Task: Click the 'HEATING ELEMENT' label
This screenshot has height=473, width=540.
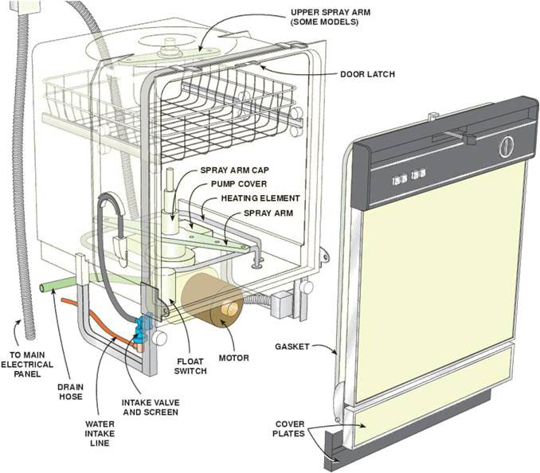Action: [260, 197]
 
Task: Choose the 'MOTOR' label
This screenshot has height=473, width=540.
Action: [233, 358]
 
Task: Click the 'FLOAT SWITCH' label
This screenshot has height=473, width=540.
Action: [191, 365]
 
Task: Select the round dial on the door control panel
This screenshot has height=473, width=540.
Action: [506, 147]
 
